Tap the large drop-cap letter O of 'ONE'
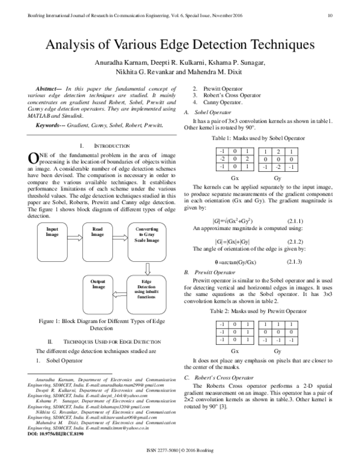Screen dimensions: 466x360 34,159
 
